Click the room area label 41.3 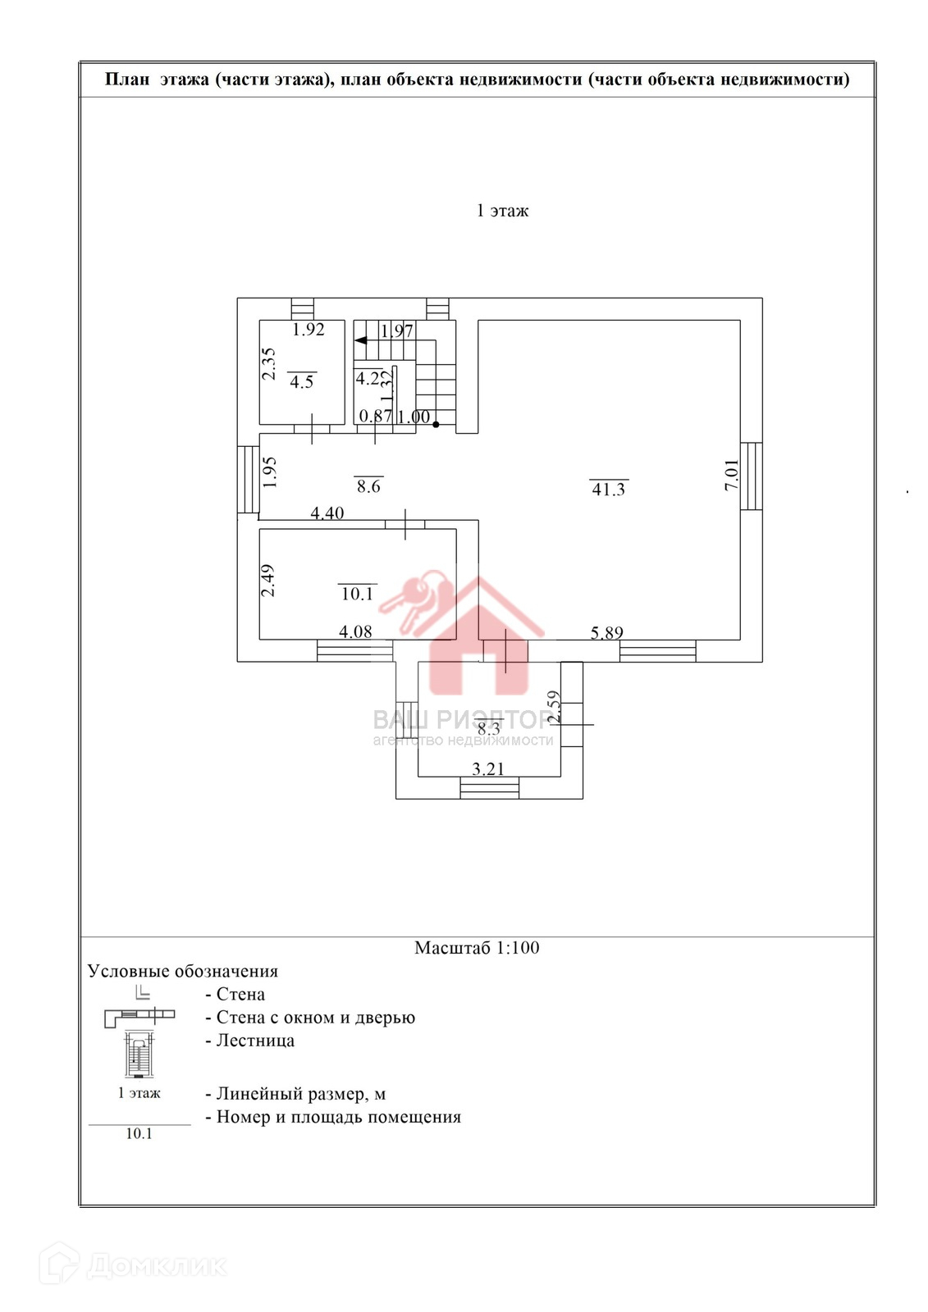[x=609, y=489]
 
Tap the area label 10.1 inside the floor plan [x=357, y=593]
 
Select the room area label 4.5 [x=302, y=381]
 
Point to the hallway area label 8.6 [x=368, y=486]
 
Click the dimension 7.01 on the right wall [x=731, y=475]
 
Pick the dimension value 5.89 [x=607, y=632]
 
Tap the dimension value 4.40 [x=327, y=513]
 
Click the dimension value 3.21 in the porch [x=488, y=769]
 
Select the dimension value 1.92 [x=309, y=330]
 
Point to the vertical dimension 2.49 [x=268, y=580]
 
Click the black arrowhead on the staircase [x=360, y=339]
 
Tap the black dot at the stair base [x=436, y=425]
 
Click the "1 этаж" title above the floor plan [x=502, y=211]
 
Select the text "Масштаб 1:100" [x=477, y=948]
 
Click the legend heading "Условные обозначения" [x=183, y=972]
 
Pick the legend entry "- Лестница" [x=250, y=1041]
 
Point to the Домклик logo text [x=157, y=1266]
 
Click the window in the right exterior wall [x=752, y=476]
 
